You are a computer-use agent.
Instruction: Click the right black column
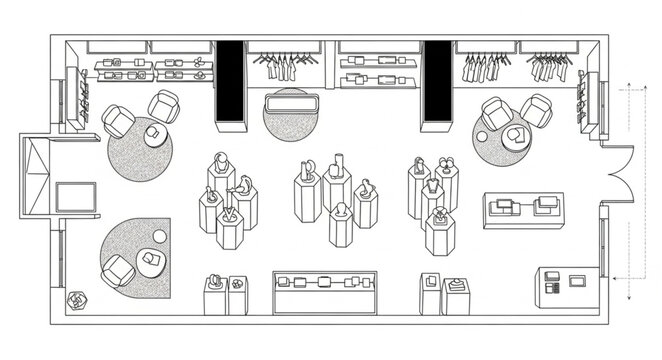click(x=437, y=84)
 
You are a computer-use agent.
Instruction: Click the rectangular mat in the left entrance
click(x=76, y=197)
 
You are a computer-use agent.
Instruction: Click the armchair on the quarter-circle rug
click(x=118, y=271)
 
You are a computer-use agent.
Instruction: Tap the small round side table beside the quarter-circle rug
click(x=160, y=237)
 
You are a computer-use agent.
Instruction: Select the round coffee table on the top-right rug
click(x=516, y=136)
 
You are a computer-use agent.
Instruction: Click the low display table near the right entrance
click(x=523, y=209)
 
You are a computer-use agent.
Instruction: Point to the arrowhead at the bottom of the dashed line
click(x=628, y=297)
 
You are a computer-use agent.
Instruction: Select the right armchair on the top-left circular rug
click(x=164, y=105)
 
